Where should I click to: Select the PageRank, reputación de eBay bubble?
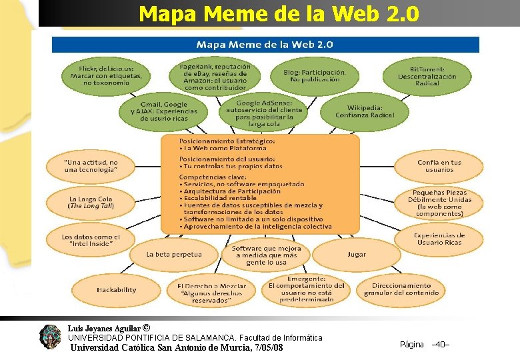pyautogui.click(x=215, y=77)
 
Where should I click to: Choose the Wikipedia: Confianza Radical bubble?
pyautogui.click(x=365, y=111)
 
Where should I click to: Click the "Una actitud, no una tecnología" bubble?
pyautogui.click(x=91, y=166)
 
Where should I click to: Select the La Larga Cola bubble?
pyautogui.click(x=91, y=203)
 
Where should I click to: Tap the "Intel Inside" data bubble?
pyautogui.click(x=91, y=240)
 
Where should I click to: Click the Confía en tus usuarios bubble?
pyautogui.click(x=439, y=166)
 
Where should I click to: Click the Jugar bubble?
pyautogui.click(x=357, y=254)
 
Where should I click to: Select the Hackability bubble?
pyautogui.click(x=116, y=290)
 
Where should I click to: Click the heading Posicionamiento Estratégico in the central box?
pyautogui.click(x=227, y=141)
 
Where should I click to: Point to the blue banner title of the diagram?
pyautogui.click(x=265, y=45)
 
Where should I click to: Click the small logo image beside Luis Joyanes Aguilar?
pyautogui.click(x=50, y=337)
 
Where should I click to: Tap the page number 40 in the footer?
pyautogui.click(x=440, y=344)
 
